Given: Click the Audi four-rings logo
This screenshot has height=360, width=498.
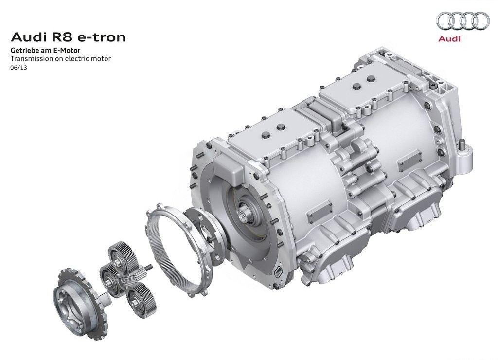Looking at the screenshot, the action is click(463, 20).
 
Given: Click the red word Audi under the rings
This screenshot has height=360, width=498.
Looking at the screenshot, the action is click(449, 39).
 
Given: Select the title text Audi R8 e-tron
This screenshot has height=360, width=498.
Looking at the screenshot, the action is click(68, 37).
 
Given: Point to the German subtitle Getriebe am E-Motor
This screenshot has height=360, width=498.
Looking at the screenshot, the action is click(45, 50).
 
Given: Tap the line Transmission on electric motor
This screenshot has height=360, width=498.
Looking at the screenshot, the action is click(61, 58).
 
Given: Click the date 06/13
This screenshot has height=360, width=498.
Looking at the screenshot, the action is click(19, 68).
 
